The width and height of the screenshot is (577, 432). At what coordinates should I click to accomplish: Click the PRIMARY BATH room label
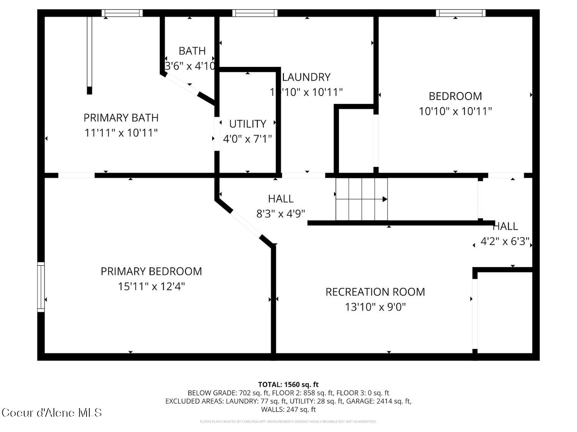(121, 118)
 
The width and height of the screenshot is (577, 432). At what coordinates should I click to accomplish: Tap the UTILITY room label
(248, 124)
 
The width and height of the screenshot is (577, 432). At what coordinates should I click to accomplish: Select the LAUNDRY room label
(306, 77)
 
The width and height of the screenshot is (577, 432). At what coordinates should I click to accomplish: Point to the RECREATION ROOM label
(375, 292)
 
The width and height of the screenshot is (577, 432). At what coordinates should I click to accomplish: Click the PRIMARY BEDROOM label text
(151, 271)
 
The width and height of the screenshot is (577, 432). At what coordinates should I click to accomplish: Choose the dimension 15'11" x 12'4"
(151, 286)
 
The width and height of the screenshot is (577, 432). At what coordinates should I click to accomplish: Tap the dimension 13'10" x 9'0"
(375, 307)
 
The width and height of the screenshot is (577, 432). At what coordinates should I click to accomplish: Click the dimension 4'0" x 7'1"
(248, 139)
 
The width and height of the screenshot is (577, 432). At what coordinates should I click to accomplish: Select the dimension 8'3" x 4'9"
(281, 214)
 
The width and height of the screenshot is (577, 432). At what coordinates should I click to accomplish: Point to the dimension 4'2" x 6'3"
(505, 241)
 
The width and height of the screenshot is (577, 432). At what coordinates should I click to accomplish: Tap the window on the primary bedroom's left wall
(41, 287)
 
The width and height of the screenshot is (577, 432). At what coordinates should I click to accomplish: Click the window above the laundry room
(255, 13)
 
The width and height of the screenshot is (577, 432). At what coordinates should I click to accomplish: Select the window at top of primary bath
(122, 13)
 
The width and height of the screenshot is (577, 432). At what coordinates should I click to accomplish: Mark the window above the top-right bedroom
(460, 13)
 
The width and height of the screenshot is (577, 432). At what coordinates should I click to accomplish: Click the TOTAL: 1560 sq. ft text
(288, 384)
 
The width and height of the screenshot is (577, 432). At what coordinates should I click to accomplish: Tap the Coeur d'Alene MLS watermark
(52, 413)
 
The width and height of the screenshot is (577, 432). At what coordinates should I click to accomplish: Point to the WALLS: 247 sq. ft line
(288, 410)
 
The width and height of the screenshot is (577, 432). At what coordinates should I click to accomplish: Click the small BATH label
(192, 51)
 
